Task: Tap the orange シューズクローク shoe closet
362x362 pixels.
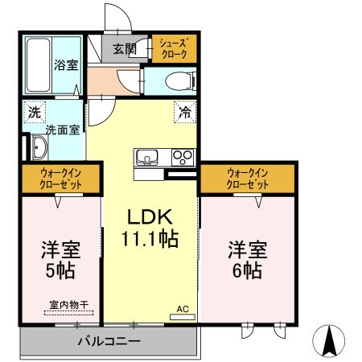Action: point(172,48)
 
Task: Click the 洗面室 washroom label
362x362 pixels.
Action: point(61,128)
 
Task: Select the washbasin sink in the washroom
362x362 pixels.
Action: point(38,147)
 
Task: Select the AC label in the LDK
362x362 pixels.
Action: point(182,308)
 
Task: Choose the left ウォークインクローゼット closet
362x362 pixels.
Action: point(60,178)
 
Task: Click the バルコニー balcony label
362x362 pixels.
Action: point(109,341)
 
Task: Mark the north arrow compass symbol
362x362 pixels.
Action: point(329,341)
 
